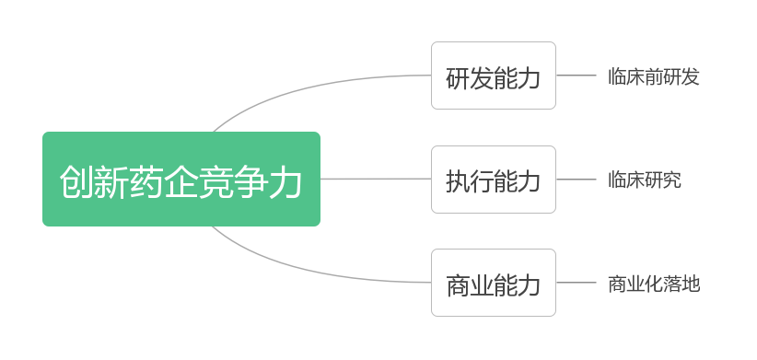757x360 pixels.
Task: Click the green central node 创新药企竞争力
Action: point(181,179)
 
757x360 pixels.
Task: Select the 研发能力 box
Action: point(494,75)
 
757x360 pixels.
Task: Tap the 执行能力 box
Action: point(494,180)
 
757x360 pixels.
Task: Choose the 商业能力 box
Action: point(494,283)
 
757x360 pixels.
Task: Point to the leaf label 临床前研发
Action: point(654,76)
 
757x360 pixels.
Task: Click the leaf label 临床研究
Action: point(645,180)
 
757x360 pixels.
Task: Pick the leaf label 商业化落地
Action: point(654,284)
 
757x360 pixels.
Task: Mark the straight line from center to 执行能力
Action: point(376,179)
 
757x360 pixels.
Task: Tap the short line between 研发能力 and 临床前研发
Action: point(576,75)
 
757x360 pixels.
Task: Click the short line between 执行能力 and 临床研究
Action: point(576,180)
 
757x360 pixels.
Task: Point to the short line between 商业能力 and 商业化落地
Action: point(576,283)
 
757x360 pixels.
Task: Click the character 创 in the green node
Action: point(76,181)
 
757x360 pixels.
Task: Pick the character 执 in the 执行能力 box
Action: point(458,180)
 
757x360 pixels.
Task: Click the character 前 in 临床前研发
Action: point(654,76)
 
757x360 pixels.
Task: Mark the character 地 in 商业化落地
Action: point(691,284)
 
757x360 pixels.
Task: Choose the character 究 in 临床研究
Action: point(672,180)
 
